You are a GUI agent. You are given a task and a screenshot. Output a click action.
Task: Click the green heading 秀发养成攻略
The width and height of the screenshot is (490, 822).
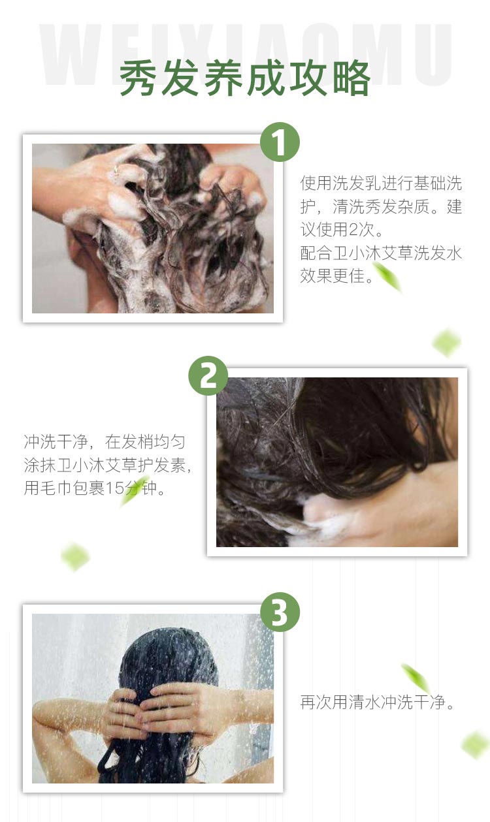coord(244,78)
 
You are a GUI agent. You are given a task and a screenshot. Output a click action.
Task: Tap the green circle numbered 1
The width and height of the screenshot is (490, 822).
coord(280,142)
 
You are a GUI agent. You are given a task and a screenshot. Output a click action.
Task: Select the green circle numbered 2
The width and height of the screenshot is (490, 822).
coord(208,376)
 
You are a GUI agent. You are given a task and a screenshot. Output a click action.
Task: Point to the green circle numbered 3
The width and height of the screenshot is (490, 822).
coord(280,612)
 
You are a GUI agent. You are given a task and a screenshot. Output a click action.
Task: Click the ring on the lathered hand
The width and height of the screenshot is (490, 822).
coord(116,169)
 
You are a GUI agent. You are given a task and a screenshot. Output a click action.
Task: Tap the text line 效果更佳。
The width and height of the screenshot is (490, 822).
coord(337,276)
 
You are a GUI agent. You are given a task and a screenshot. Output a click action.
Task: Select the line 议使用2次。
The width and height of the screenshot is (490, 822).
coord(342,230)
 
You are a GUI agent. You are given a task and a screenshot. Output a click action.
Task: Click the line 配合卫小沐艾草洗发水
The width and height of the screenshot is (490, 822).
coord(381,253)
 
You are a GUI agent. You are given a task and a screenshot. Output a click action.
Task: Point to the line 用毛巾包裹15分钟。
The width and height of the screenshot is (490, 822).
coord(94,488)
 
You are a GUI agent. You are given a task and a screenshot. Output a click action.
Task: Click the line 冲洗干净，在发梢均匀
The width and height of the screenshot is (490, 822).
coord(105,441)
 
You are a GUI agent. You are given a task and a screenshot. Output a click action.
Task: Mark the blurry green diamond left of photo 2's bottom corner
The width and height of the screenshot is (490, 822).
coord(75,556)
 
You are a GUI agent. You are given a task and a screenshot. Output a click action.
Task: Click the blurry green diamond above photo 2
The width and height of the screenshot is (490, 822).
coord(446,343)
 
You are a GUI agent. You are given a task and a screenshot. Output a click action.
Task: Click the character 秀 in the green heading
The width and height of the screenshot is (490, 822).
coord(139,78)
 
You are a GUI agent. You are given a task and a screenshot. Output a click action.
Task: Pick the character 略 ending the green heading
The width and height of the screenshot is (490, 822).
coord(351,78)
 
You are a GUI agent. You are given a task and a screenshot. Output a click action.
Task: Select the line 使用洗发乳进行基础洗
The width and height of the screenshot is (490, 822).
coord(381,183)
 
